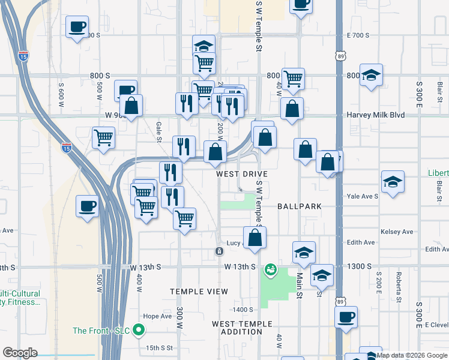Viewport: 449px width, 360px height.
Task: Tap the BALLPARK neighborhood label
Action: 300,206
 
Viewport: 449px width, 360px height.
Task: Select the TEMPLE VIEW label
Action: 199,292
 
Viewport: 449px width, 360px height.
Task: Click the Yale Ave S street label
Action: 363,196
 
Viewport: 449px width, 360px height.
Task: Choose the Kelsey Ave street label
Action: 397,232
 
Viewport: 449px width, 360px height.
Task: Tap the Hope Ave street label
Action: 157,316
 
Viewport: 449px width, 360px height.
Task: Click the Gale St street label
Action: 160,128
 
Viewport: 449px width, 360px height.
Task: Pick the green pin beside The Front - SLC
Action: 139,329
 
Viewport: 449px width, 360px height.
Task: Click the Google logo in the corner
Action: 20,353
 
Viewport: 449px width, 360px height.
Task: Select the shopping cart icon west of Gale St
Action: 103,137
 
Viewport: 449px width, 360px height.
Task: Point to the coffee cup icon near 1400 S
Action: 346,317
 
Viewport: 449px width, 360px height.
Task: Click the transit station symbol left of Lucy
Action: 219,250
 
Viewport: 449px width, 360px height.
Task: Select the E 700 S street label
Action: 358,35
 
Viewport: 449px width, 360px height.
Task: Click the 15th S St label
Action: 159,347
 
